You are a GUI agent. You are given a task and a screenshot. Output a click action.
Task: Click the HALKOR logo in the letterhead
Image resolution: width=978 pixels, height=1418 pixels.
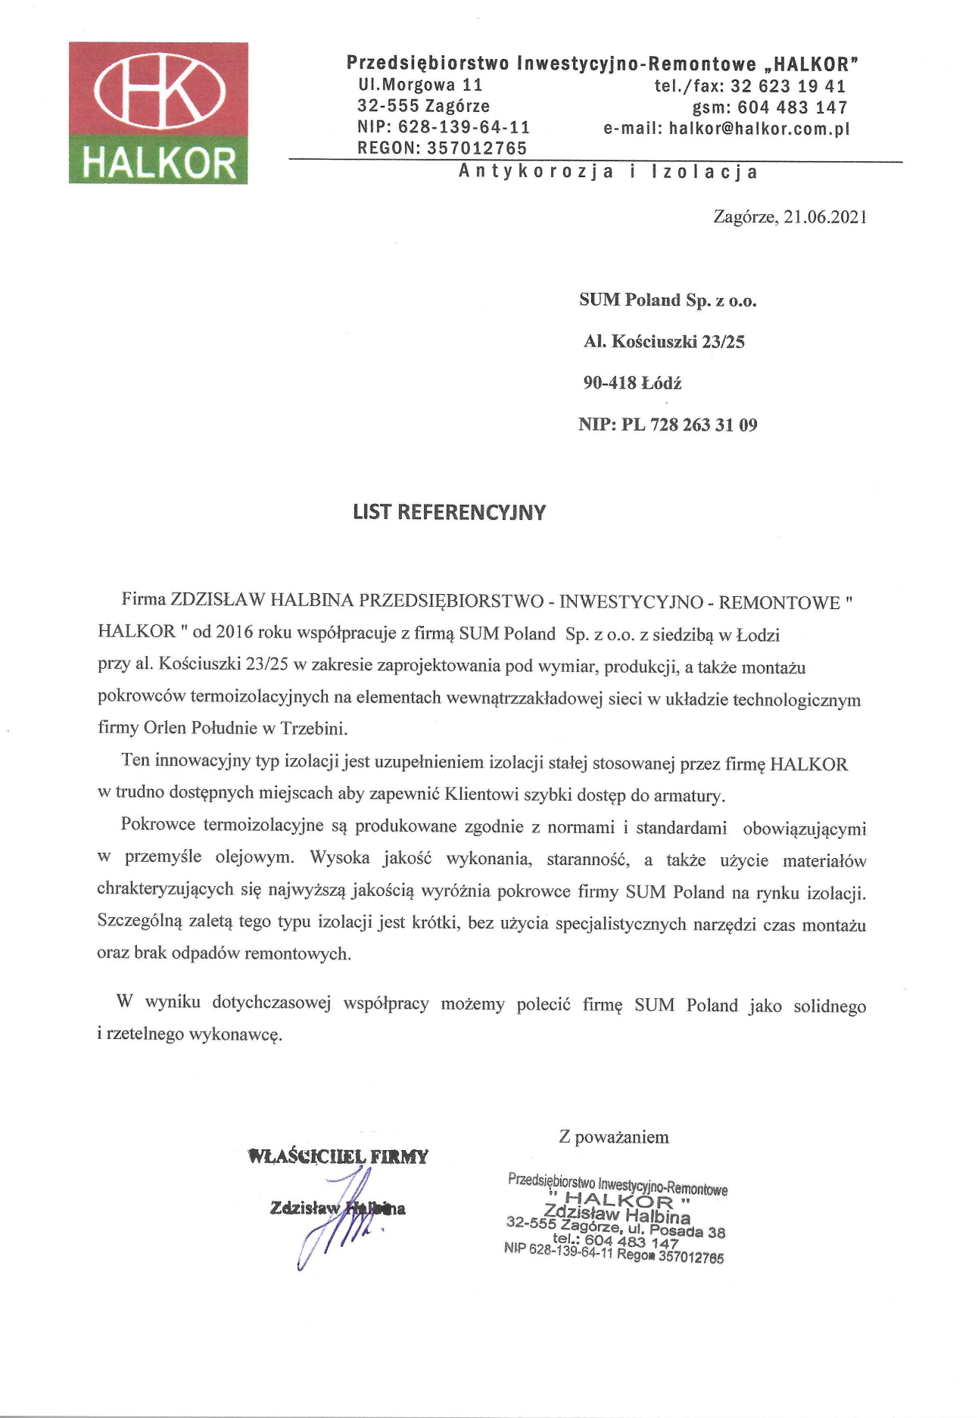tap(158, 113)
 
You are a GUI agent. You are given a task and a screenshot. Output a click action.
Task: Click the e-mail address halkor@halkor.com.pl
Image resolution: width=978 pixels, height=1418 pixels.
tap(759, 129)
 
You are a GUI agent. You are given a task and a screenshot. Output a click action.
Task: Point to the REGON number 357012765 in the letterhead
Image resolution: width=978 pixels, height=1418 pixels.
tap(477, 148)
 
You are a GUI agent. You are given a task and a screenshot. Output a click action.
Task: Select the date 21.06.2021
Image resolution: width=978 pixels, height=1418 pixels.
tap(825, 218)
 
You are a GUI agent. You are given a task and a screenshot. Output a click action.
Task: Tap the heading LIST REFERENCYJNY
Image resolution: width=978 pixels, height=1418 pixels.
tap(449, 512)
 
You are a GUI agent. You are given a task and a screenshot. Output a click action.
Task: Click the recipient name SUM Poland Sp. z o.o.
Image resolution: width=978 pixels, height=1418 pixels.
tap(668, 300)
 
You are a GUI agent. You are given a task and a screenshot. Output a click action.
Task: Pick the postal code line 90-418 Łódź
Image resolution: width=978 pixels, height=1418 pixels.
tap(632, 384)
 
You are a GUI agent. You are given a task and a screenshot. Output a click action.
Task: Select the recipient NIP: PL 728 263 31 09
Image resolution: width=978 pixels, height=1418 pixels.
tap(668, 425)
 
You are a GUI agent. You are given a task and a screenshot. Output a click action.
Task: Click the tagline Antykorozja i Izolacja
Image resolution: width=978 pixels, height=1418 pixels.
tap(608, 173)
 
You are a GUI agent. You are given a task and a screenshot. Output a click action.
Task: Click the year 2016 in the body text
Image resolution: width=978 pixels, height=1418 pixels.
tap(234, 633)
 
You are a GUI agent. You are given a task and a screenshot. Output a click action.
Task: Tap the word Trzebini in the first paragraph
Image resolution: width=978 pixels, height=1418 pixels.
tap(313, 729)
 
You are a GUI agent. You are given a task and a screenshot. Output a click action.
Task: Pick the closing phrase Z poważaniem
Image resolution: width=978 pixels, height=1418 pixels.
tap(614, 1137)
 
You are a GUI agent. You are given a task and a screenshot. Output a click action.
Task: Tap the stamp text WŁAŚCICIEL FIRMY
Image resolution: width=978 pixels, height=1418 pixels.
tap(338, 1157)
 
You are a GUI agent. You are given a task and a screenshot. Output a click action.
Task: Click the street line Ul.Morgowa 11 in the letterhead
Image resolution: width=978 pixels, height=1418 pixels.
tap(420, 86)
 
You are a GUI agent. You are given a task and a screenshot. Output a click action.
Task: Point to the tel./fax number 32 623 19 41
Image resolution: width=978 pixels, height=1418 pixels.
tap(787, 86)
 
